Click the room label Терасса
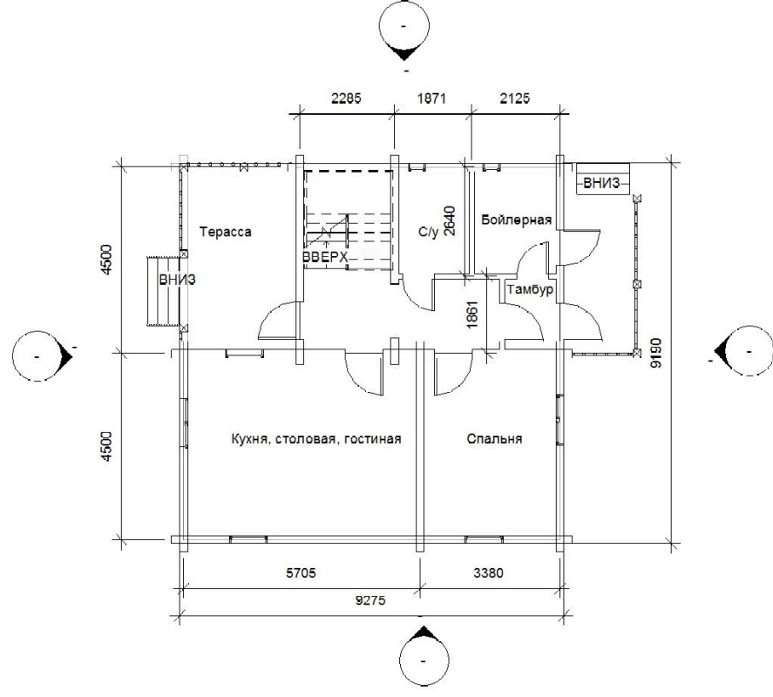tap(226, 232)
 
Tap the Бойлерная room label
tap(516, 220)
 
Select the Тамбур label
tap(530, 290)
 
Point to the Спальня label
tap(494, 439)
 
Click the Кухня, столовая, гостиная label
tap(316, 439)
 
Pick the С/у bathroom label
tap(428, 232)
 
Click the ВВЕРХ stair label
tap(325, 257)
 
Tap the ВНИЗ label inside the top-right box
tap(601, 183)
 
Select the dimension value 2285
tap(346, 98)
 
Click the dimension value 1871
tap(431, 98)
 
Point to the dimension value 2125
tap(515, 98)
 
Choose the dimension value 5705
tap(301, 572)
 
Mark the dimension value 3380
tap(488, 572)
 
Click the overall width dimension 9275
tap(370, 600)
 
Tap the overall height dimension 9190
tap(656, 353)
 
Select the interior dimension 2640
tap(450, 220)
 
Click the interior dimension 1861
tap(471, 315)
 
